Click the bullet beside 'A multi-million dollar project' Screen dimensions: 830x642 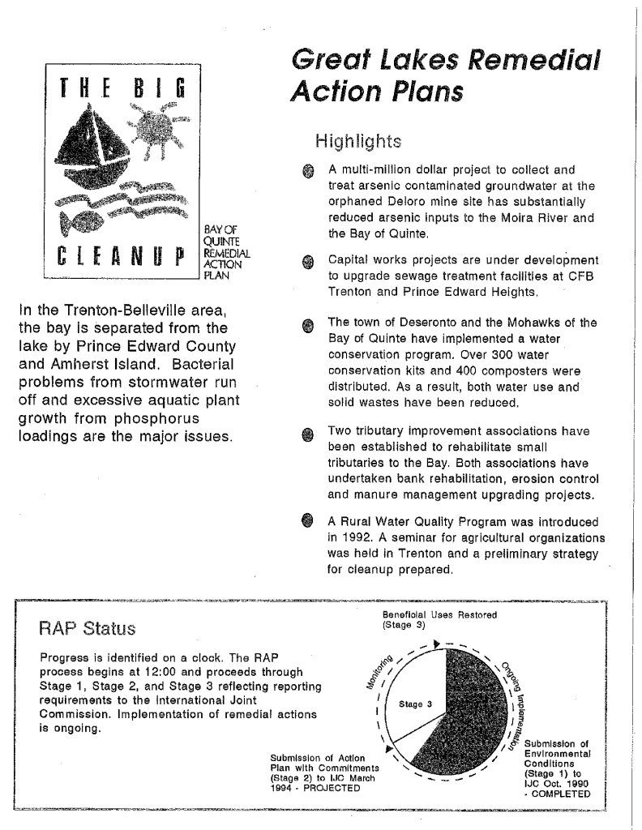tap(307, 171)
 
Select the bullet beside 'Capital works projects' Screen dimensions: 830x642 tap(307, 262)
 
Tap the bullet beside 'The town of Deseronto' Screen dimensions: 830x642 tap(307, 324)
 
